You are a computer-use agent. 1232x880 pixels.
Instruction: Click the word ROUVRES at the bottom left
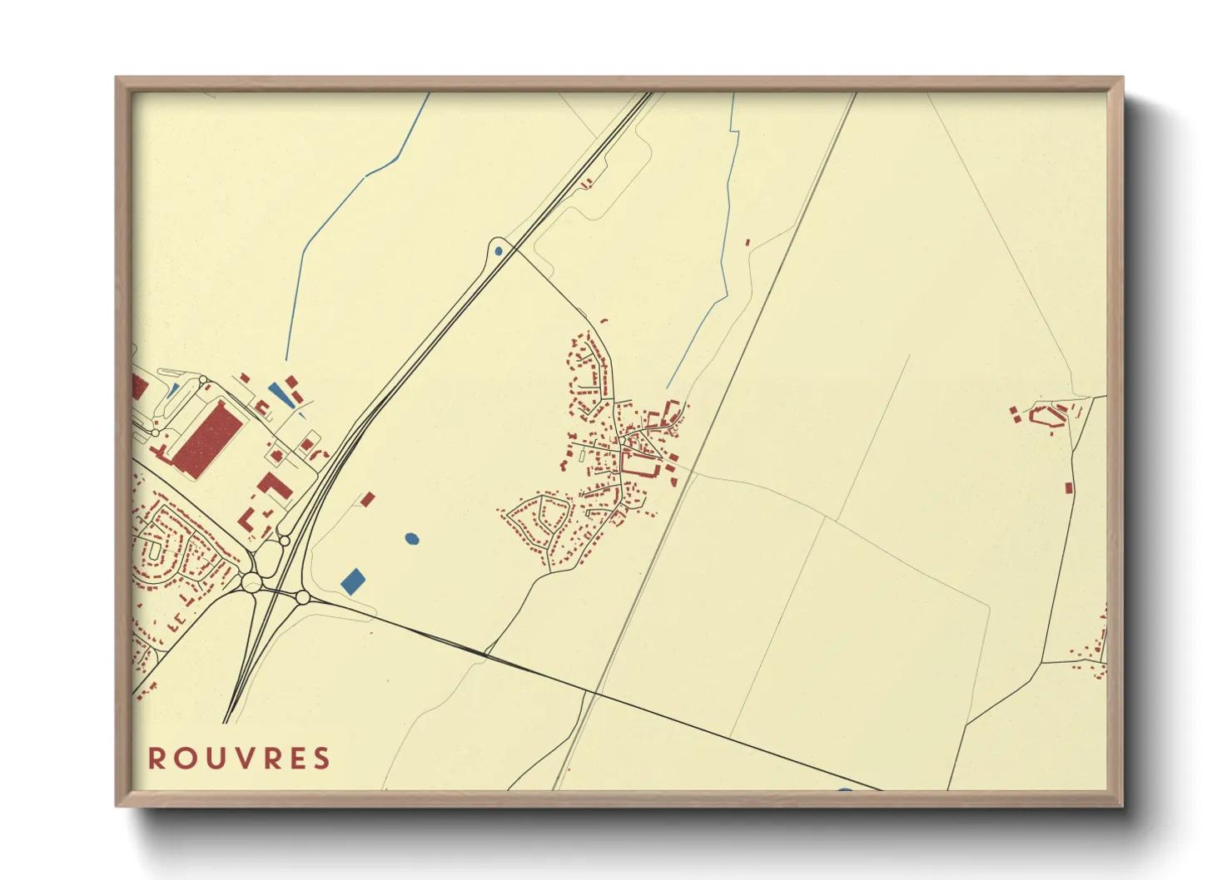[239, 759]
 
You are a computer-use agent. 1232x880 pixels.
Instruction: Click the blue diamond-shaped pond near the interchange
[353, 581]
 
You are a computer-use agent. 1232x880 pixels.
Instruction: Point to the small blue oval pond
[411, 539]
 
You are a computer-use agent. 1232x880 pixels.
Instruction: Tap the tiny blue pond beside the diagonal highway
[499, 250]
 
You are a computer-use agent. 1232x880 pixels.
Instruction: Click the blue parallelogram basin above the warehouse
[281, 393]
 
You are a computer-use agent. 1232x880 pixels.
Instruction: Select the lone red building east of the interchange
[368, 499]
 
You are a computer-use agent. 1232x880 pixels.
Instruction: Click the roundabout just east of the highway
[303, 597]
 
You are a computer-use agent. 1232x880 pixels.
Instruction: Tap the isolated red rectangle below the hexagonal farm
[1069, 487]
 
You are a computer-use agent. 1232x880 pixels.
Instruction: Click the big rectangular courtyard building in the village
[642, 463]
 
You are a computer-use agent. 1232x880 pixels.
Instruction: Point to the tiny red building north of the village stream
[748, 242]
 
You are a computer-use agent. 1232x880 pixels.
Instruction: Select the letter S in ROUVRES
[322, 759]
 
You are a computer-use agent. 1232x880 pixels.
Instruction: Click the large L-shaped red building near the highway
[274, 487]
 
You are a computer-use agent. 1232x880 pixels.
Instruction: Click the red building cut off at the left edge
[138, 386]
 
